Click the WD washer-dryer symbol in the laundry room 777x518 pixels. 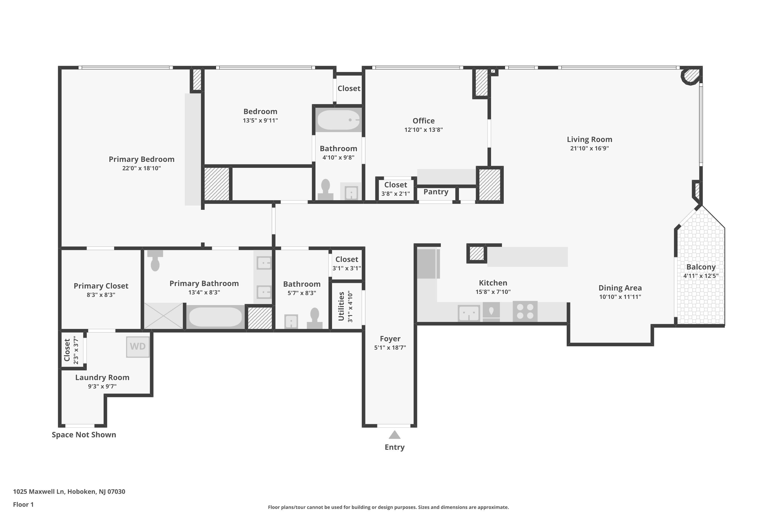coord(138,347)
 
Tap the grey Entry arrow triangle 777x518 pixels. coord(394,435)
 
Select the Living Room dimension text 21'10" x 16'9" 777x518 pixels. coord(589,148)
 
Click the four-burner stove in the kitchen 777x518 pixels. coord(525,311)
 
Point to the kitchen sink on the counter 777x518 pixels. coord(469,313)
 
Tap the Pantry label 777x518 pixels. coord(436,192)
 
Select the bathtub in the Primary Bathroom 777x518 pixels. coord(215,317)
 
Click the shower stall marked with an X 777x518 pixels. coord(163,316)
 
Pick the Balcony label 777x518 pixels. coord(701,267)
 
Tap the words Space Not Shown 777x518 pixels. coord(84,435)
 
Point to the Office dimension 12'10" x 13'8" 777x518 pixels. coord(423,130)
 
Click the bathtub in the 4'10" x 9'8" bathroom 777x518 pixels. coord(338,120)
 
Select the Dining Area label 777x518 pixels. coord(620,288)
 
